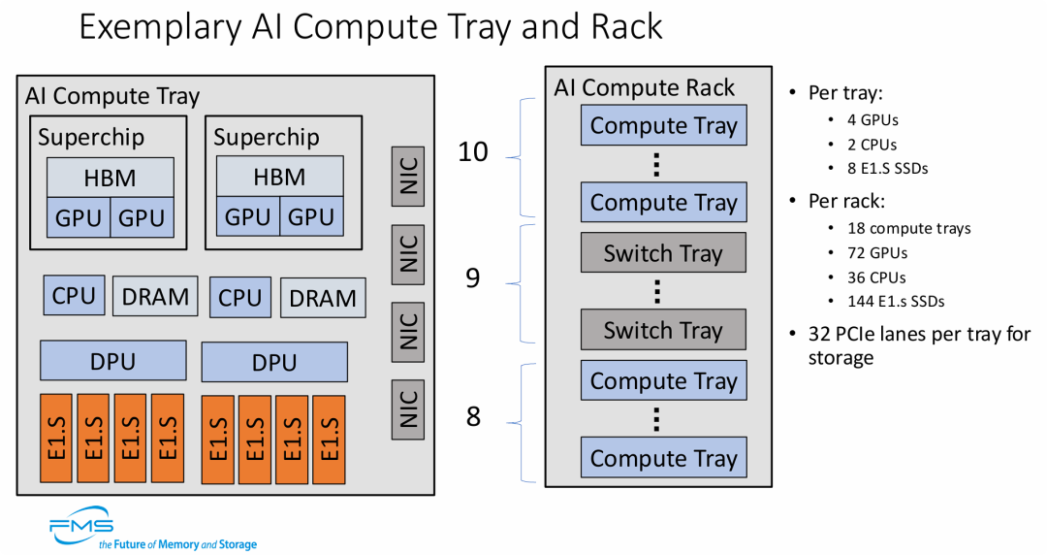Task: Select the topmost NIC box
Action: click(408, 176)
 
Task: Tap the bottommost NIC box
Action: click(408, 408)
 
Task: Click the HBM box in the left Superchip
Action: click(111, 178)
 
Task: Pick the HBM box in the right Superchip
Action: click(279, 178)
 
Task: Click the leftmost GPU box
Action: click(79, 218)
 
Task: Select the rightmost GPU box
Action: click(310, 218)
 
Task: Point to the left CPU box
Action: click(74, 295)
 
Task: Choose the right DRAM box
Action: click(324, 298)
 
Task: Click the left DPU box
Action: click(112, 361)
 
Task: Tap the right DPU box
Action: click(274, 362)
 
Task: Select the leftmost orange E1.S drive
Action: click(56, 438)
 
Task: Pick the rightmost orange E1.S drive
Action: click(330, 440)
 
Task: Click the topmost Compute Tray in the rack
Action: click(663, 126)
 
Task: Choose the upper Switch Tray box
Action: click(663, 253)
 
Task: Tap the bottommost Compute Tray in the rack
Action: click(663, 458)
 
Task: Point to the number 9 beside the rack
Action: click(472, 279)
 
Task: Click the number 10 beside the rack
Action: click(472, 152)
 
